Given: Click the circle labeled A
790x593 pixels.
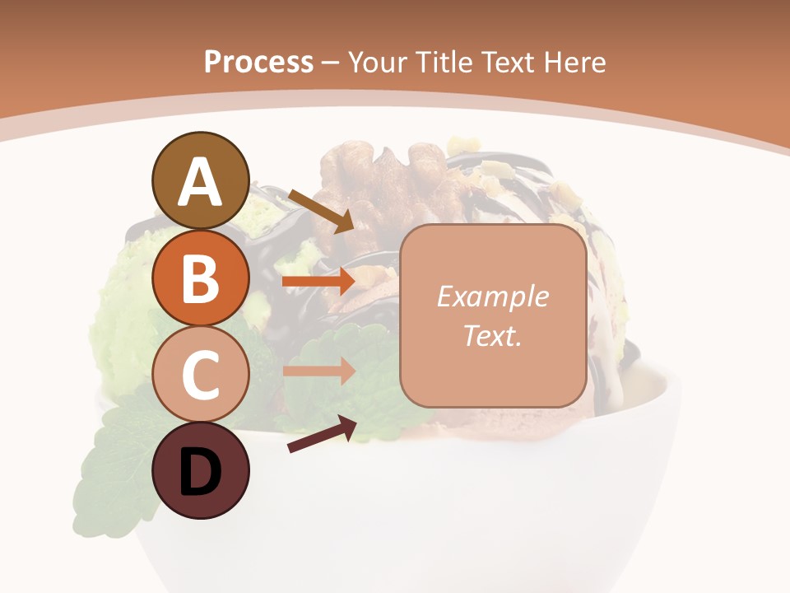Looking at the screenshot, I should [x=201, y=180].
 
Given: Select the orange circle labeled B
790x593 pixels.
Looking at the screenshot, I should [x=201, y=278].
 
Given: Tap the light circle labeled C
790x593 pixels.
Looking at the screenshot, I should [x=201, y=374].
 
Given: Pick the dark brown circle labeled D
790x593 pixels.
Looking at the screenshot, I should [x=201, y=470].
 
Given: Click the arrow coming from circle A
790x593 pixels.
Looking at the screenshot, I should [x=321, y=210].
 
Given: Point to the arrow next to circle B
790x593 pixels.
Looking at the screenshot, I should [x=318, y=282].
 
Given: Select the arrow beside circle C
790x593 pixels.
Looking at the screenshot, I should [x=318, y=371].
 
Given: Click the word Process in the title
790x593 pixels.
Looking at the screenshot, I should [x=258, y=62].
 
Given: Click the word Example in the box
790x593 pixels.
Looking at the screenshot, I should [x=492, y=296].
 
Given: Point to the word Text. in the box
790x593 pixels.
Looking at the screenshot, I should [x=492, y=335].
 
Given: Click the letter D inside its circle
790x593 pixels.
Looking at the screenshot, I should [x=201, y=472].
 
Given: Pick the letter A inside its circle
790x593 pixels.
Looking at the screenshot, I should [x=201, y=182].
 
